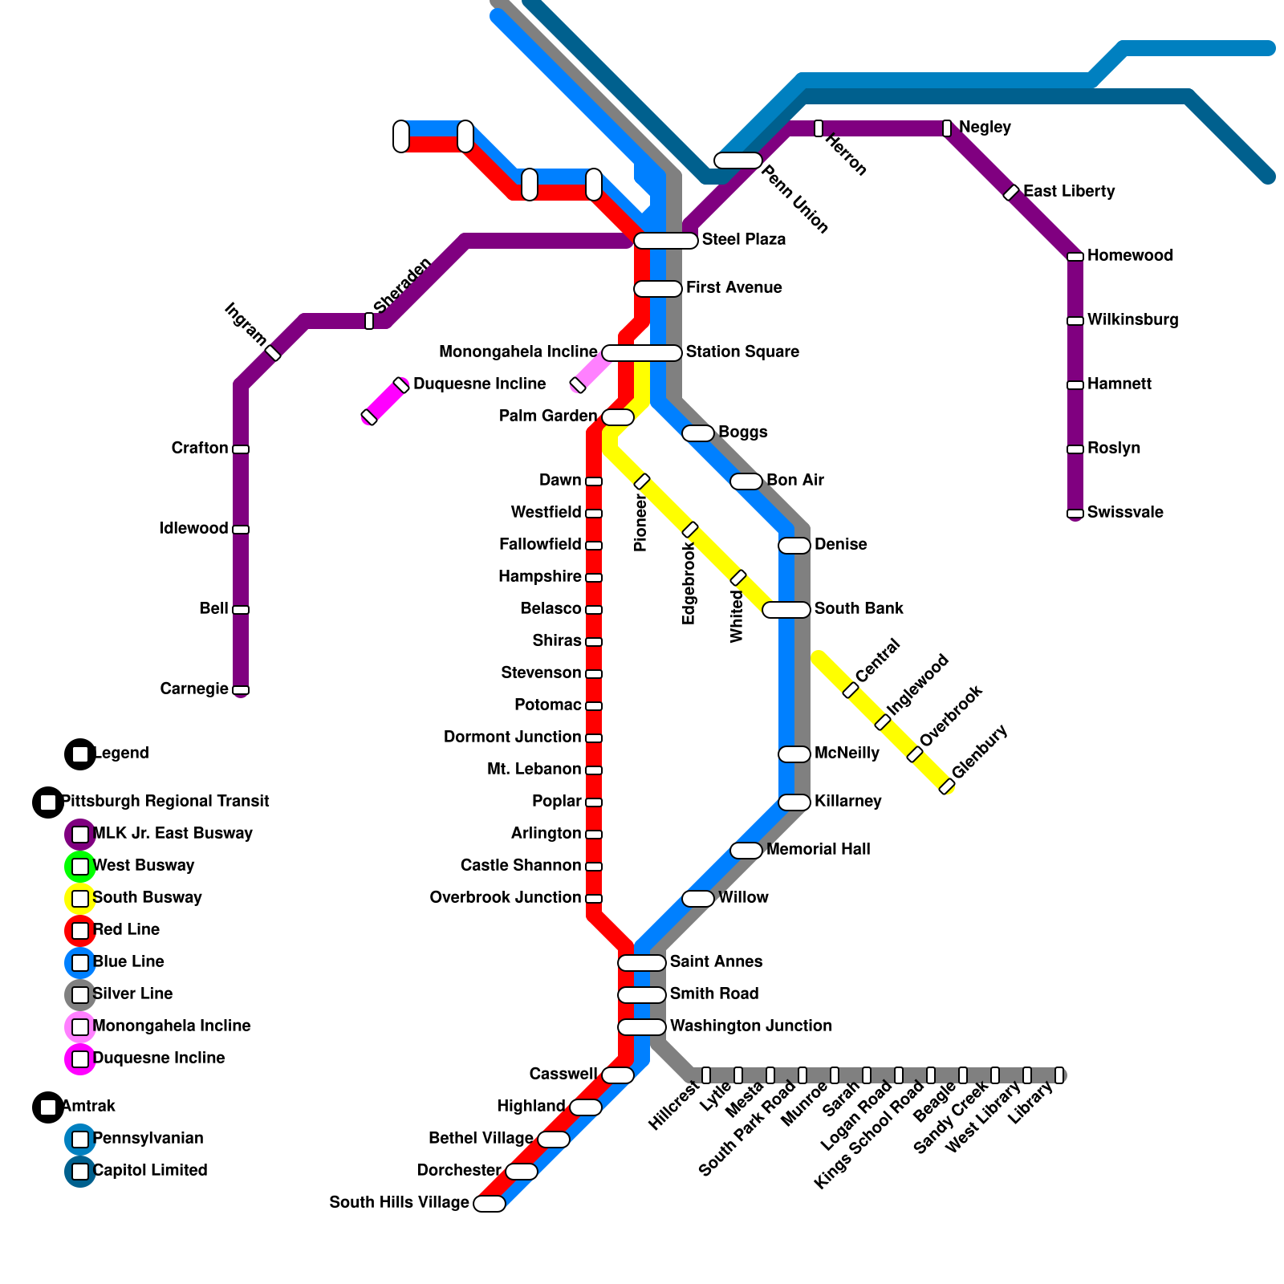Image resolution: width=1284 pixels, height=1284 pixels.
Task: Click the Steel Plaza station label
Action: [x=743, y=240]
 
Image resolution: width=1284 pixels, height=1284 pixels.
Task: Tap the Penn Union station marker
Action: [x=737, y=160]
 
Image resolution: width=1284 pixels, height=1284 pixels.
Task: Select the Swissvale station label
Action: [x=1124, y=513]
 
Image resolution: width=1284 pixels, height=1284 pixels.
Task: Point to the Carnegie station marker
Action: [x=241, y=690]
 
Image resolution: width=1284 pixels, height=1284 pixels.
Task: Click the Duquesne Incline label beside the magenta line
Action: [x=479, y=384]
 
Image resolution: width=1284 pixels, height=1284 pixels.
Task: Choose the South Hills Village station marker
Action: [x=490, y=1204]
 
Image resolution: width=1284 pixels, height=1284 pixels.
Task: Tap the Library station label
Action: [x=1030, y=1104]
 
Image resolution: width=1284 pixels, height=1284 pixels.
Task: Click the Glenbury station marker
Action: [x=947, y=786]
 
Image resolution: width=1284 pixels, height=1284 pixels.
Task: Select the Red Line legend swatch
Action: [x=80, y=931]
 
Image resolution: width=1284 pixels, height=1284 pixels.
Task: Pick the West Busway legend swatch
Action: [x=80, y=867]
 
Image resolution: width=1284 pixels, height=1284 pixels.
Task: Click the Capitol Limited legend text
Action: [x=150, y=1171]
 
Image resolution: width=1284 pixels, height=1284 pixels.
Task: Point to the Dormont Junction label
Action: [x=512, y=737]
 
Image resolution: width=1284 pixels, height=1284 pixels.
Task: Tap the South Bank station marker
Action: [x=786, y=610]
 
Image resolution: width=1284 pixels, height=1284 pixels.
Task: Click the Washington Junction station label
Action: [x=750, y=1026]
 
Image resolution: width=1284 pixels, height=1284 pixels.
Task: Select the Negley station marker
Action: [x=947, y=128]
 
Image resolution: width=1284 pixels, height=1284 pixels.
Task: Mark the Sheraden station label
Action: [x=402, y=285]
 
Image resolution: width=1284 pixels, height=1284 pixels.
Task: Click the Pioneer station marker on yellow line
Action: [x=642, y=481]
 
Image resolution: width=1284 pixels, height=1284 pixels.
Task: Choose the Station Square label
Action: [x=742, y=352]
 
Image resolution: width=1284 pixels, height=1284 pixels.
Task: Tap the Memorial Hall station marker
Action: [x=746, y=851]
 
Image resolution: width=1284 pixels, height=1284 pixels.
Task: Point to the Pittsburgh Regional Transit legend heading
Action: [x=165, y=802]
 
